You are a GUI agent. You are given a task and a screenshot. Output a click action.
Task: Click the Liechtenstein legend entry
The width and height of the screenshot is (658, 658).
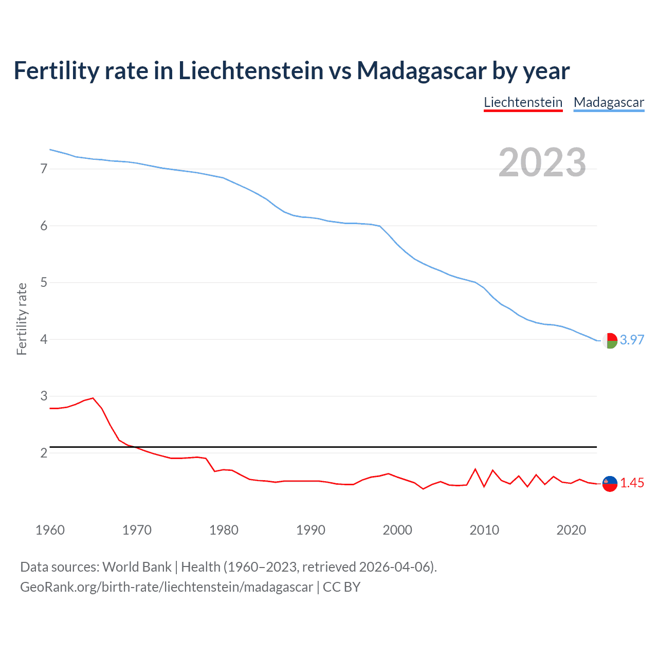point(523,102)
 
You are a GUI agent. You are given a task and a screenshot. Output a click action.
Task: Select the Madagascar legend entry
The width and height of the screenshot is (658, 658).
point(609,102)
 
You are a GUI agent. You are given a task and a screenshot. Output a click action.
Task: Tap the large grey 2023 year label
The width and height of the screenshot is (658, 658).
point(542,162)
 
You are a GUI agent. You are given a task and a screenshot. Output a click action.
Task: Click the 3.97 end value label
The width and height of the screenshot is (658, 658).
point(632,340)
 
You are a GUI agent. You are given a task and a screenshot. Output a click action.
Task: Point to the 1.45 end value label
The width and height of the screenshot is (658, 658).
point(632,483)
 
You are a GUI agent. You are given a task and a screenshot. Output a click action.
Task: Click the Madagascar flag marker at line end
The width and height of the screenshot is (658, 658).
point(610,340)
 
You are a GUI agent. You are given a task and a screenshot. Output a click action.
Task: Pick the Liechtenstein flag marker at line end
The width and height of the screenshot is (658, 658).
point(610,483)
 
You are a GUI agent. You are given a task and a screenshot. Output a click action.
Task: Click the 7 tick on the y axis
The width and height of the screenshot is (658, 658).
point(44,169)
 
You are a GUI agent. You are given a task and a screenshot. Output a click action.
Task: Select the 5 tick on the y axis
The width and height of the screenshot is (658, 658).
point(44,282)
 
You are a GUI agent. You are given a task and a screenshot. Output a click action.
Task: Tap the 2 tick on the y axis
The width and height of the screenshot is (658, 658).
point(44,453)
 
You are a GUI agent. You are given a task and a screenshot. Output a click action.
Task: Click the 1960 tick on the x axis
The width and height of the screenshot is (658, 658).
point(50,530)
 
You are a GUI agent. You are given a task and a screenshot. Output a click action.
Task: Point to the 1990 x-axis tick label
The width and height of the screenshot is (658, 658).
point(310,530)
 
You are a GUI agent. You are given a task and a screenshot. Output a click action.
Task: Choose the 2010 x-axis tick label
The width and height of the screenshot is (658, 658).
point(484,530)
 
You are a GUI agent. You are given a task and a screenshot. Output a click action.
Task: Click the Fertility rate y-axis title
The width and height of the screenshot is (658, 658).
point(22,319)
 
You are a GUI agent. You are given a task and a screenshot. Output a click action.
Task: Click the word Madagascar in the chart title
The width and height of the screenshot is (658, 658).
point(421,70)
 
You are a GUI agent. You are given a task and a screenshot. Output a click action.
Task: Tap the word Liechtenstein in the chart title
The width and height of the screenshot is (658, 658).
point(251,70)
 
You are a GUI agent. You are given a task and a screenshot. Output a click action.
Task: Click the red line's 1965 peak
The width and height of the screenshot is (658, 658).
point(93,398)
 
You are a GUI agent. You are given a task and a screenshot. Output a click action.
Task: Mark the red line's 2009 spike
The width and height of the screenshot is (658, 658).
point(476,469)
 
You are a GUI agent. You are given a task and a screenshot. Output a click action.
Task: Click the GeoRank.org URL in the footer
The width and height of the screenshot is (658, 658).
point(167,587)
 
